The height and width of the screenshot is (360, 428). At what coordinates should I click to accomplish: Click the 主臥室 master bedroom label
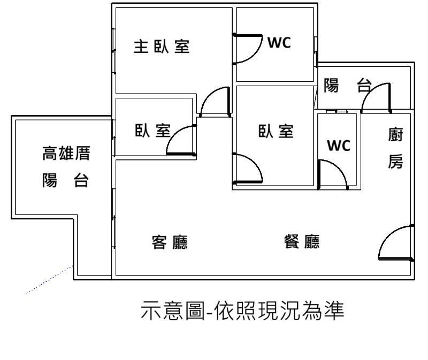[161, 47]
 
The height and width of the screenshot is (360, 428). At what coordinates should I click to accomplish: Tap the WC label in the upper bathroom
[279, 43]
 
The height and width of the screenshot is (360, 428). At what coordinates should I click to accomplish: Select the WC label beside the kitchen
[338, 145]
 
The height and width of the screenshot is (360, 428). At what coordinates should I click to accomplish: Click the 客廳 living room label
[170, 243]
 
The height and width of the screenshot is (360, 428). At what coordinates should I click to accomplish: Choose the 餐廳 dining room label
[301, 242]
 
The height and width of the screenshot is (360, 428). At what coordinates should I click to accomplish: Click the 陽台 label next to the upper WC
[348, 85]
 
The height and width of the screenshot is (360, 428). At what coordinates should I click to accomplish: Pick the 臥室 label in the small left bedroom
[152, 131]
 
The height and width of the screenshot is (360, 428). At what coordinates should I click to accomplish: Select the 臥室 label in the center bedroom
[276, 131]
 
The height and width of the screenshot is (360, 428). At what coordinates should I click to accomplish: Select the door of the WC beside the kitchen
[333, 175]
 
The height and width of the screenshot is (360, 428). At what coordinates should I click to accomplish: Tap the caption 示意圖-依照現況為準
[241, 310]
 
